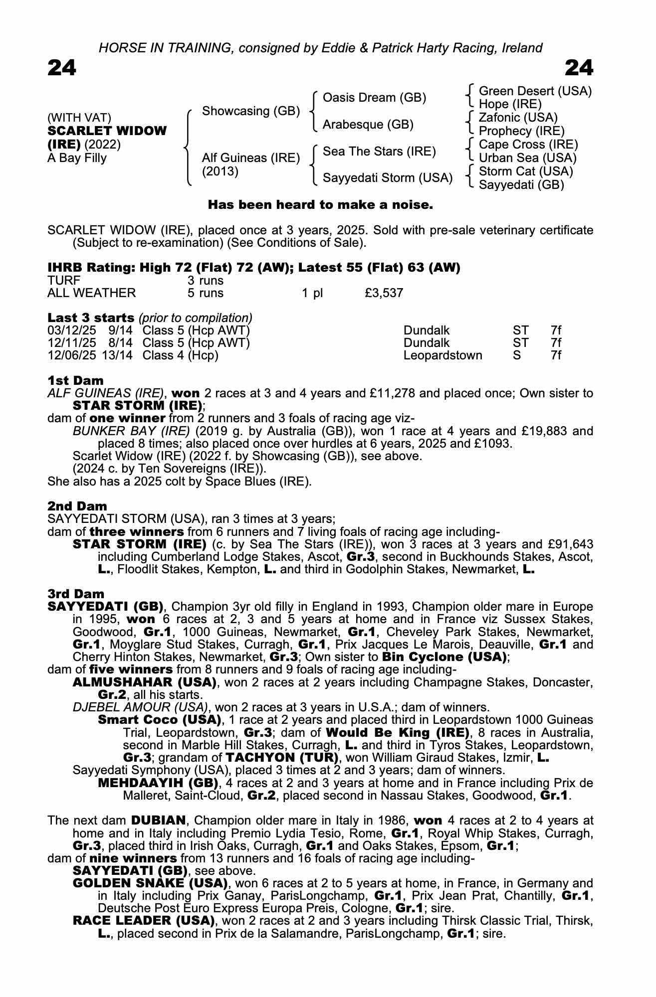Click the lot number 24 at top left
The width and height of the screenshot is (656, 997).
point(62,68)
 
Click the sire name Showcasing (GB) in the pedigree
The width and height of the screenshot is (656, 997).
point(250,111)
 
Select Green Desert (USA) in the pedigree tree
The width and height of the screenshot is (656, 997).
point(535,91)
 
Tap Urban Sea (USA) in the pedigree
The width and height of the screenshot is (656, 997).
point(527,158)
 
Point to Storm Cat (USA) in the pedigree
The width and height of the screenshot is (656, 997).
point(526,171)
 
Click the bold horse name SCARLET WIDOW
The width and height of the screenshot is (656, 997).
point(107,131)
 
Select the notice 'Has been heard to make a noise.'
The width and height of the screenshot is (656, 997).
point(320,205)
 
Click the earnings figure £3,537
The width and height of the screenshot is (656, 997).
point(384,293)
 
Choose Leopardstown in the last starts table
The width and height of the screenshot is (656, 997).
point(442,355)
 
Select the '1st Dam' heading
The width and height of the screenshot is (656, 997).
point(75,381)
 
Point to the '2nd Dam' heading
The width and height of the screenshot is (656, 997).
point(77,506)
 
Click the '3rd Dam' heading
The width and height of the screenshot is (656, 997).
point(76,594)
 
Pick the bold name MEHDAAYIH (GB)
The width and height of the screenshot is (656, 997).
point(158,783)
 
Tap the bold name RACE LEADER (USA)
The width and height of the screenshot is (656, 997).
point(144,921)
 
